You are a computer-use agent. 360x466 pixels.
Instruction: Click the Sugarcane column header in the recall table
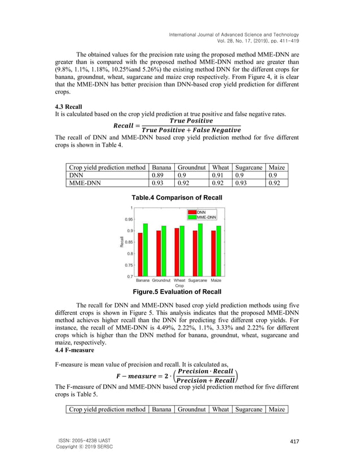click(x=248, y=168)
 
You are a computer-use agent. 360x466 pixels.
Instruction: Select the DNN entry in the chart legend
click(x=200, y=212)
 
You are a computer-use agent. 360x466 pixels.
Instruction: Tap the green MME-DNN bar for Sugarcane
click(x=199, y=249)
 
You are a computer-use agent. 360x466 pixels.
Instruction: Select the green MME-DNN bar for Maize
click(x=218, y=250)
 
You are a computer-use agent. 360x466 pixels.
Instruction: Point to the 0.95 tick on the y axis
click(x=129, y=219)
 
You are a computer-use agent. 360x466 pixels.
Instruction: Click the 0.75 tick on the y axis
click(x=129, y=265)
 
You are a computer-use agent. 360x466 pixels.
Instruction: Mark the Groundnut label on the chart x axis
click(x=161, y=280)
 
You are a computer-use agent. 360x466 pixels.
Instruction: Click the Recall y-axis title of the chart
click(x=121, y=242)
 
